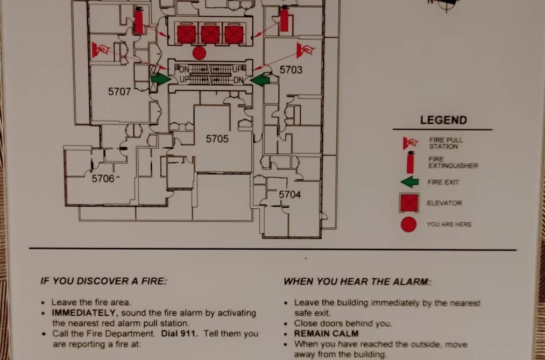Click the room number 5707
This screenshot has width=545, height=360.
tap(119, 91)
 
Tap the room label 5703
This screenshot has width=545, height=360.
tap(291, 70)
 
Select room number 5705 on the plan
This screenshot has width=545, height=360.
tap(217, 139)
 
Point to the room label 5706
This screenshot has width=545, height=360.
tap(103, 179)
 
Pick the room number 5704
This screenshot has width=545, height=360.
tap(290, 195)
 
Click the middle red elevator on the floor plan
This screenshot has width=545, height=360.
tap(210, 34)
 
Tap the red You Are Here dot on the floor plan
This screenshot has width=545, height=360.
tap(199, 53)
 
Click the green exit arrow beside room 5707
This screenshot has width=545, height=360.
tap(160, 79)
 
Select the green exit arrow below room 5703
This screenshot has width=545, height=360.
tap(260, 80)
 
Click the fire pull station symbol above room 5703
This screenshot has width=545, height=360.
tap(305, 50)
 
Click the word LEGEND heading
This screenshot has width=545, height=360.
tap(443, 120)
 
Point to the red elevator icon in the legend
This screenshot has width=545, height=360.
tap(409, 203)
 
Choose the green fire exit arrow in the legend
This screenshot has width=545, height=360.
tap(410, 182)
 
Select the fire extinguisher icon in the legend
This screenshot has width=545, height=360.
tap(410, 163)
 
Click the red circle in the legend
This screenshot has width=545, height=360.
tap(409, 224)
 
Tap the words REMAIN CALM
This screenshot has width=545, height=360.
tap(326, 334)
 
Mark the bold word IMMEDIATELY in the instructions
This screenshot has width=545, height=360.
tap(83, 313)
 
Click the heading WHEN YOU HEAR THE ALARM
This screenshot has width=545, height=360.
tap(357, 281)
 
